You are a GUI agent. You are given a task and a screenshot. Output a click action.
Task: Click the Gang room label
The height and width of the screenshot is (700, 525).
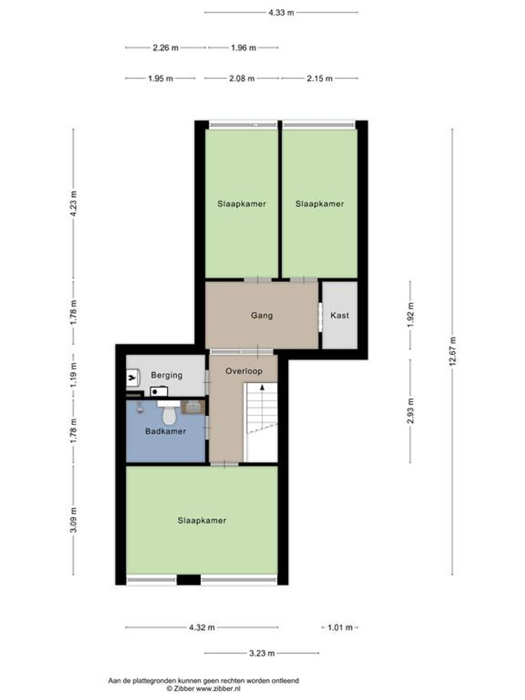point(262,316)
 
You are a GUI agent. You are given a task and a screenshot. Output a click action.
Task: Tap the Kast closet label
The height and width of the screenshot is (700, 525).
point(339,315)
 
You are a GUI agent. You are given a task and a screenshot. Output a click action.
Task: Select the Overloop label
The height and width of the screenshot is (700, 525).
point(244,371)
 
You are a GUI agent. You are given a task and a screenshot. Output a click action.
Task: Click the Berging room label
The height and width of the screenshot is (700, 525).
point(167,375)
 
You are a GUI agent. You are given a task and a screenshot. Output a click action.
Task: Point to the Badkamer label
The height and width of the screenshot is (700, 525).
point(165,431)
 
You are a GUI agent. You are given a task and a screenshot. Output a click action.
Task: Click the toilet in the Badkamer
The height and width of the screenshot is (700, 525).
point(169,413)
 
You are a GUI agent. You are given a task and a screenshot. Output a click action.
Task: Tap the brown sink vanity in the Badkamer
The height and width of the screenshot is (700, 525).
point(193,407)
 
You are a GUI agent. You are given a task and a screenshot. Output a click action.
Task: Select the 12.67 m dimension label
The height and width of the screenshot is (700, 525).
point(453,351)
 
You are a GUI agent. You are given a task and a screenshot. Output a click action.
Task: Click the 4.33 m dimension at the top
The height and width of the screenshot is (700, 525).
point(281,13)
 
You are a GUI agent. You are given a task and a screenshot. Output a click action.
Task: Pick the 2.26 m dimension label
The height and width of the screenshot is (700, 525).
point(165,48)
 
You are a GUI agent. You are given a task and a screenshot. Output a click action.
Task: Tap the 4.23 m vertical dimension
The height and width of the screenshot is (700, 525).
point(73,203)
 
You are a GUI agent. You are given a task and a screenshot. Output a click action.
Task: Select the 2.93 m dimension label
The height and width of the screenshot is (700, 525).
point(410,411)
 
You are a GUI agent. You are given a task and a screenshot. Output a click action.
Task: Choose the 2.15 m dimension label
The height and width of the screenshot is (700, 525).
point(320,78)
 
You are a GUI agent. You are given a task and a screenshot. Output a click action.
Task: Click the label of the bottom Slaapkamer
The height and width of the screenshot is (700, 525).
point(202,521)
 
